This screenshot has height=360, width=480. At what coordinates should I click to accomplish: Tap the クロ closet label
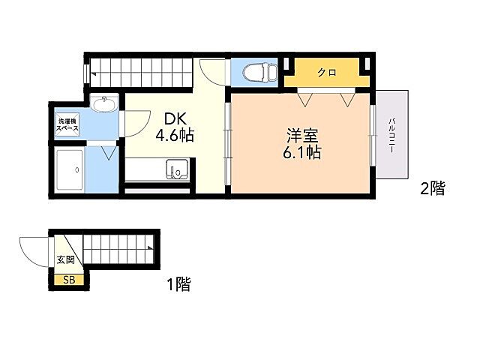pos(325,73)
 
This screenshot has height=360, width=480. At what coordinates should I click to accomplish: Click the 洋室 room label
pos(303,136)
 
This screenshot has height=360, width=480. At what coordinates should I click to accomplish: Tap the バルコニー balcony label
pos(391,135)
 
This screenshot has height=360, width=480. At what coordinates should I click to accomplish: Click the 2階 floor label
pos(432,189)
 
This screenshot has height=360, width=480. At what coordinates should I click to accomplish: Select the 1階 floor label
pos(178,284)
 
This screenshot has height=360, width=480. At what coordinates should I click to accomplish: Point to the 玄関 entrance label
pos(65,260)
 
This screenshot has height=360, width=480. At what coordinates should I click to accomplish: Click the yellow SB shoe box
pos(68,280)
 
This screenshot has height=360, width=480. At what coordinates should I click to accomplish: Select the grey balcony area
pos(392,135)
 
